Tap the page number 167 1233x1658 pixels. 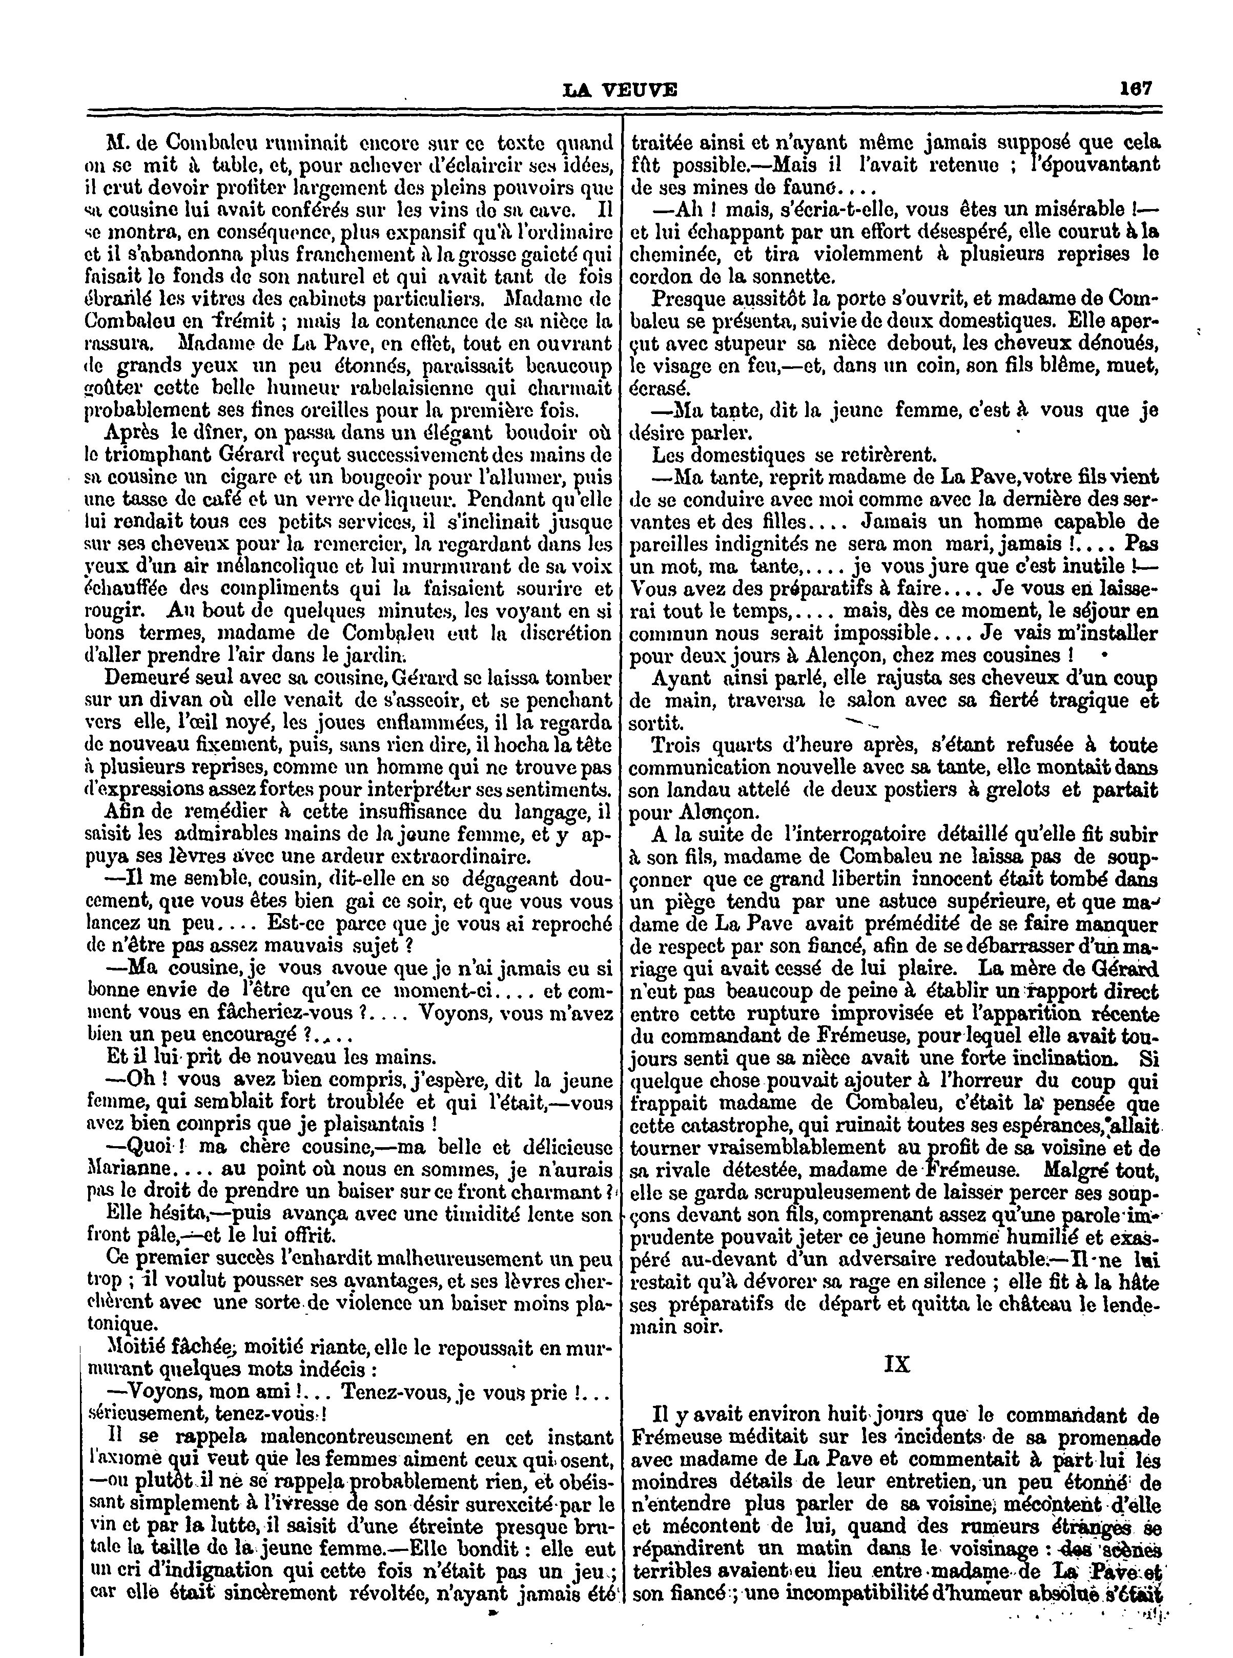click(x=1136, y=88)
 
